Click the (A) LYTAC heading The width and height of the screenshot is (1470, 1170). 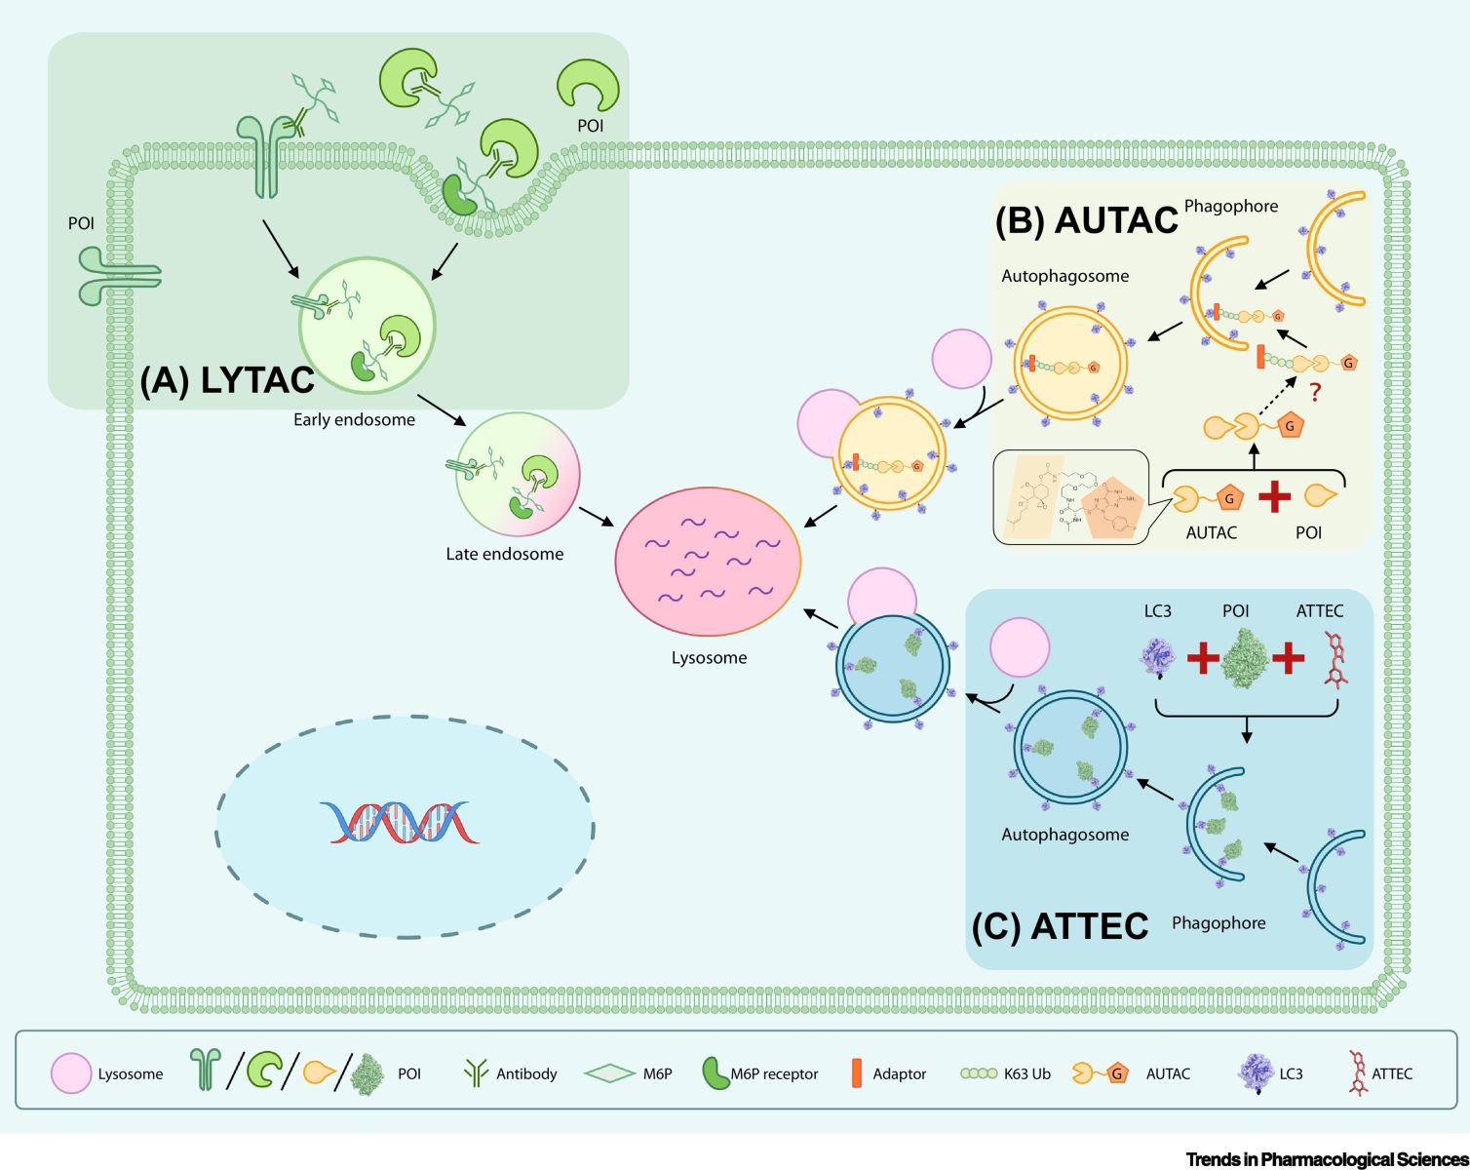coord(227,380)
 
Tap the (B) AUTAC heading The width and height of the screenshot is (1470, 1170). coord(1086,220)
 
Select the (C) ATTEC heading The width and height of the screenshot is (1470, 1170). coord(1061,926)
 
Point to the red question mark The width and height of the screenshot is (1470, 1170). coord(1315,393)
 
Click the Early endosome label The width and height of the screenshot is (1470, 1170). coord(354,420)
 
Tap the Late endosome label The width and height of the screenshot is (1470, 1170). coord(504,554)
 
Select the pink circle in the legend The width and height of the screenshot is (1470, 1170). coord(71,1073)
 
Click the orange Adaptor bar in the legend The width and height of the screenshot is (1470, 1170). coord(857,1073)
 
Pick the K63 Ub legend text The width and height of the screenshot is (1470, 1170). coord(1027,1073)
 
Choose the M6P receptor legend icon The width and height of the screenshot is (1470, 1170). coord(716,1073)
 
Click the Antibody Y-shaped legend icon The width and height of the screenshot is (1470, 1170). coord(476,1073)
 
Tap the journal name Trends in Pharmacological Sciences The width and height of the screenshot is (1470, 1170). coord(1327,1159)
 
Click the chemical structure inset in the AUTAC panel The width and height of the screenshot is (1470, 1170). coord(1070,497)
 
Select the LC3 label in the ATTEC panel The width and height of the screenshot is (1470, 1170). coord(1157,611)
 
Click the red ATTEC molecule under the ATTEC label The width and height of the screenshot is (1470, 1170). coord(1335,660)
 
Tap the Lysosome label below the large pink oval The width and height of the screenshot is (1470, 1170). coord(709,658)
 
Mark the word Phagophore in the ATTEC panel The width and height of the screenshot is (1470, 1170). coord(1219,923)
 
